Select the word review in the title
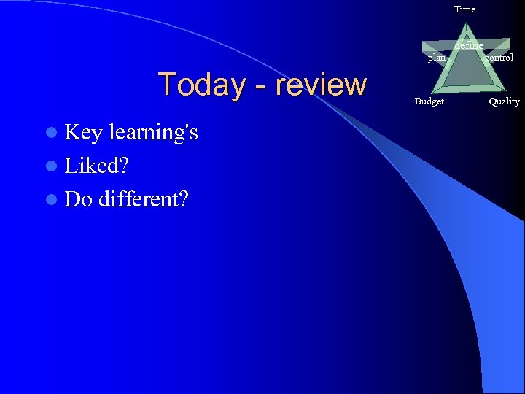pyautogui.click(x=321, y=85)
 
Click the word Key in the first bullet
pyautogui.click(x=84, y=132)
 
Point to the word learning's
pyautogui.click(x=153, y=134)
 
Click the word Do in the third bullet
pyautogui.click(x=78, y=198)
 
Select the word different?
pyautogui.click(x=145, y=198)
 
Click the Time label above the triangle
pyautogui.click(x=464, y=9)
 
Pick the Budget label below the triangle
pyautogui.click(x=429, y=101)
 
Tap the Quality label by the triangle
pyautogui.click(x=504, y=101)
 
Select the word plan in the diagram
pyautogui.click(x=436, y=58)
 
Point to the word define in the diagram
pyautogui.click(x=468, y=46)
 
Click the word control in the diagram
pyautogui.click(x=499, y=57)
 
